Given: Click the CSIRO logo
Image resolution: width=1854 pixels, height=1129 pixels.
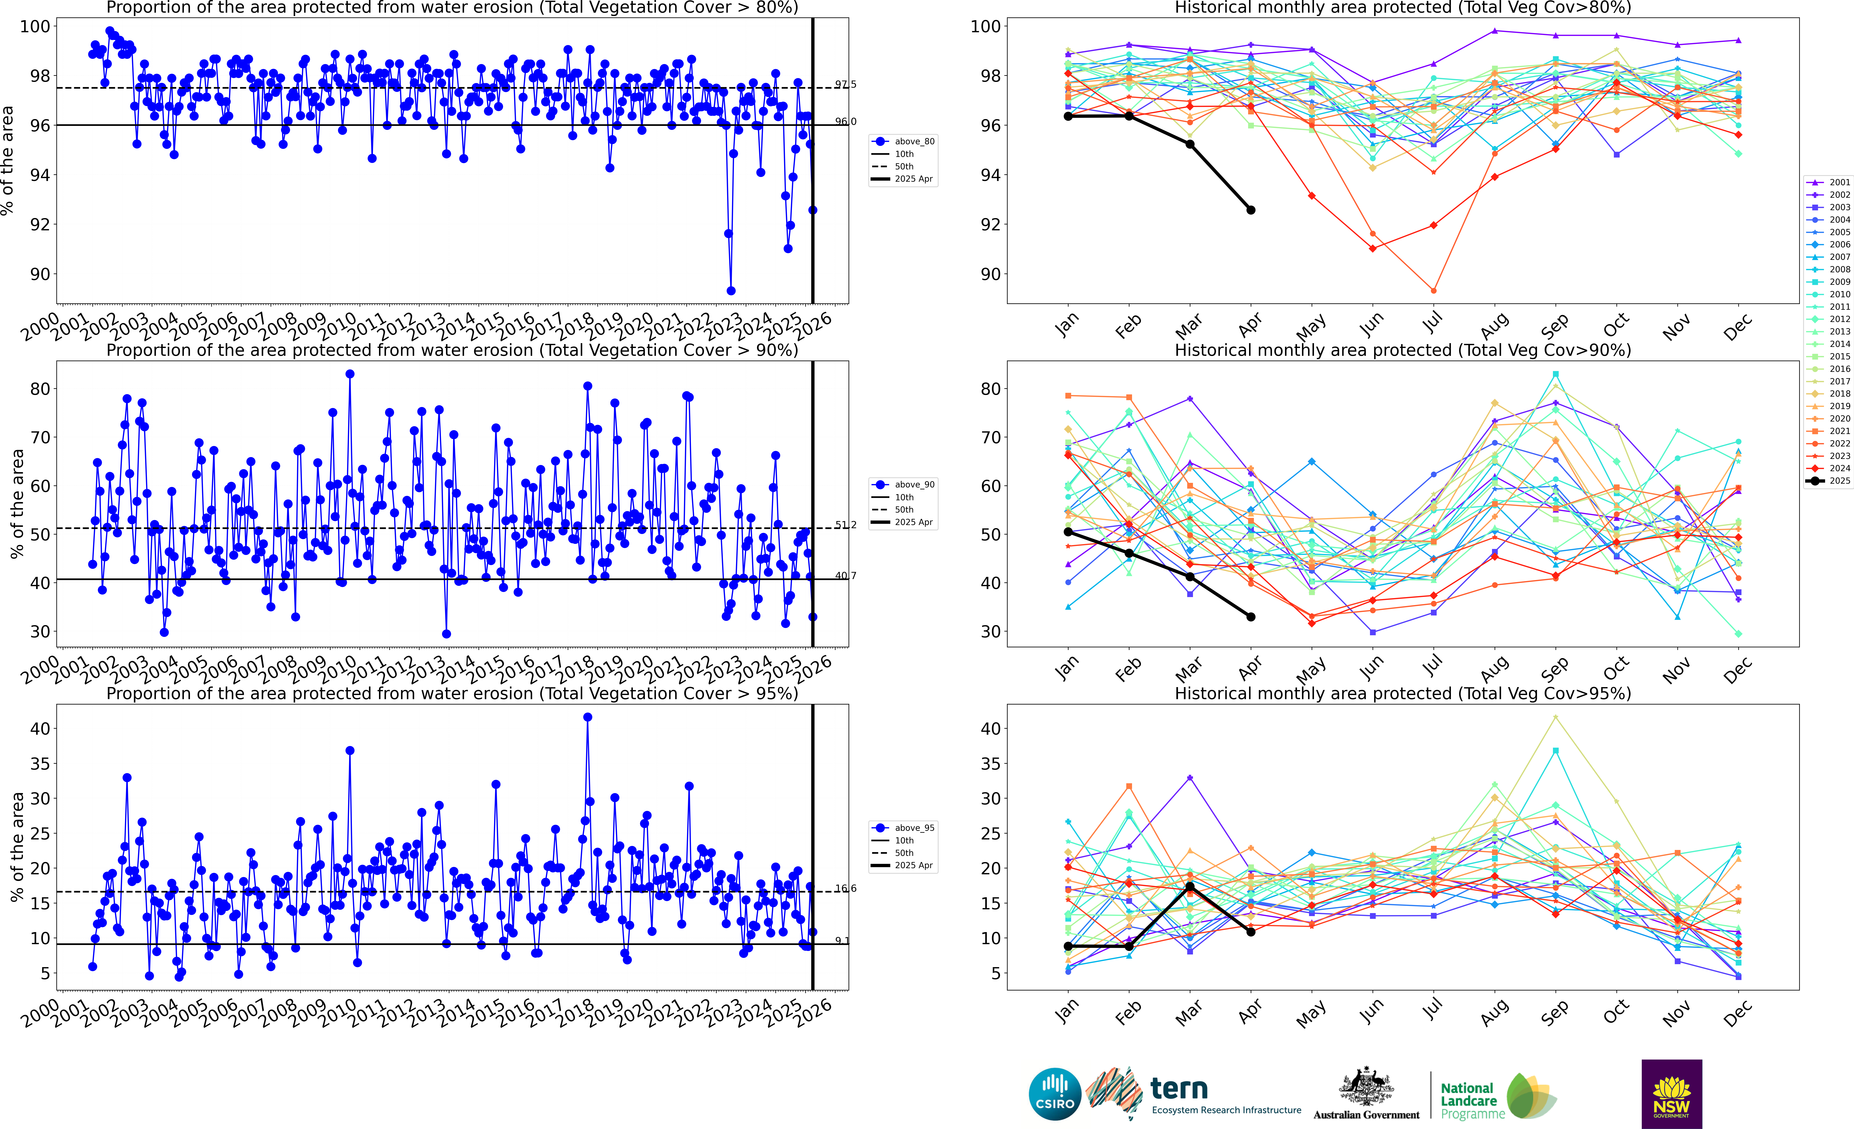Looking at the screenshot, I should pyautogui.click(x=1055, y=1094).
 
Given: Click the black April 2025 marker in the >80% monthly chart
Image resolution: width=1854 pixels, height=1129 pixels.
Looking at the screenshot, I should pyautogui.click(x=1251, y=210).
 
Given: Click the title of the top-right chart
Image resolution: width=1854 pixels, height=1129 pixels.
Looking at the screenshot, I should pyautogui.click(x=1403, y=8).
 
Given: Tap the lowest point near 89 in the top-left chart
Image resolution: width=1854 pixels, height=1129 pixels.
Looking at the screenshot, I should pyautogui.click(x=731, y=291).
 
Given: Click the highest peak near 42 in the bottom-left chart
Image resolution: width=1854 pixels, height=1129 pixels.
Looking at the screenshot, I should pyautogui.click(x=588, y=717).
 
